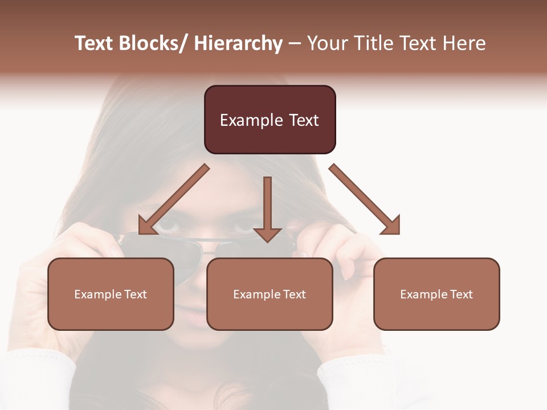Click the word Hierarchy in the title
click(238, 44)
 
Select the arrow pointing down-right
click(365, 199)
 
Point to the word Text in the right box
click(461, 294)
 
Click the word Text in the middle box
click(294, 294)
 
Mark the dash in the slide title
click(295, 44)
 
